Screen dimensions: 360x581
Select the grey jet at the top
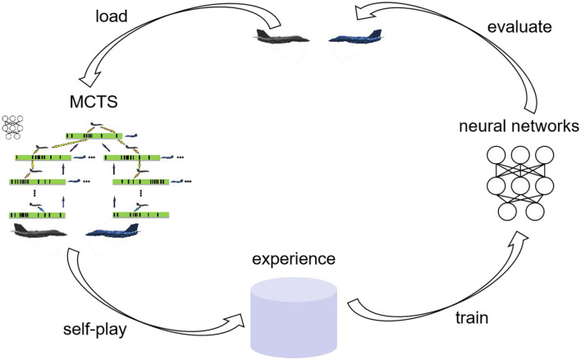pyautogui.click(x=272, y=36)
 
